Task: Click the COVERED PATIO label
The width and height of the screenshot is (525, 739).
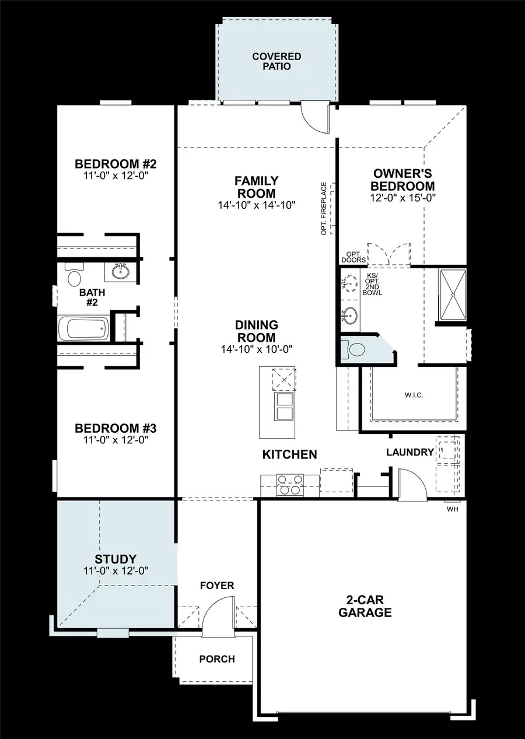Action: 276,61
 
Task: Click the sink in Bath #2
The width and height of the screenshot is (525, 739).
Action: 121,271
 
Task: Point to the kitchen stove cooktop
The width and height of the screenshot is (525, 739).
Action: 289,485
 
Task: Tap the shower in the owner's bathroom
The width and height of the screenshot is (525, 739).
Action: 453,295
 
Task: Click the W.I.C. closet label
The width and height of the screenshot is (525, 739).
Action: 413,395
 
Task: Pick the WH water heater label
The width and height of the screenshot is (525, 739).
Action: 452,509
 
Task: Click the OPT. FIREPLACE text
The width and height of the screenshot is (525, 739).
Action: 324,209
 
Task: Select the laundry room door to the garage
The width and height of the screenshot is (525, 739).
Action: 411,483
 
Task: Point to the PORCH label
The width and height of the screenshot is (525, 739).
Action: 217,659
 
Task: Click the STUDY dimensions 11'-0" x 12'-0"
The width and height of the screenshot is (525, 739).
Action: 115,570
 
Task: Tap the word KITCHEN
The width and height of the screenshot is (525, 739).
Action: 289,454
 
